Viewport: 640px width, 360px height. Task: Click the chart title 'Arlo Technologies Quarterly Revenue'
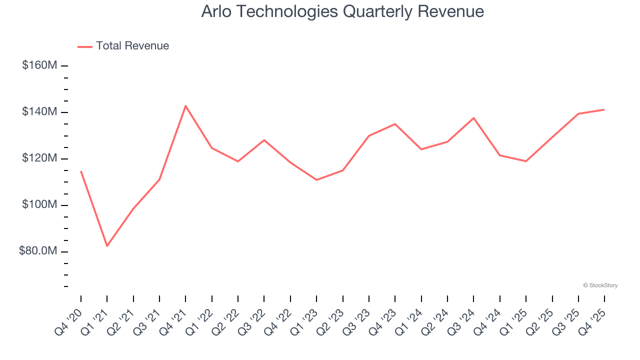342,11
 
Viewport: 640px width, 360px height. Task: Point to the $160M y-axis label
39,65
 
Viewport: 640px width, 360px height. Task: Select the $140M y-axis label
39,112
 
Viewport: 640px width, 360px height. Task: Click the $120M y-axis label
39,158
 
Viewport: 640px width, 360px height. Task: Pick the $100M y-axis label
39,205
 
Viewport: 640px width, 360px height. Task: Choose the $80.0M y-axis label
38,251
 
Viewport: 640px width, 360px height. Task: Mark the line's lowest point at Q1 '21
107,246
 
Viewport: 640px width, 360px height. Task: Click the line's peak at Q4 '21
185,106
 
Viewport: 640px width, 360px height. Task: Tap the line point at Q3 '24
473,118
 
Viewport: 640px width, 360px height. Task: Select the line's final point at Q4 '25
604,109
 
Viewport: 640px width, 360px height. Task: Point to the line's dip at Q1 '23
316,180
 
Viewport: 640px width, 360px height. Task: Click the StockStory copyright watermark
600,285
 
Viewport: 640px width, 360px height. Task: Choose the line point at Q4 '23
395,124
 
